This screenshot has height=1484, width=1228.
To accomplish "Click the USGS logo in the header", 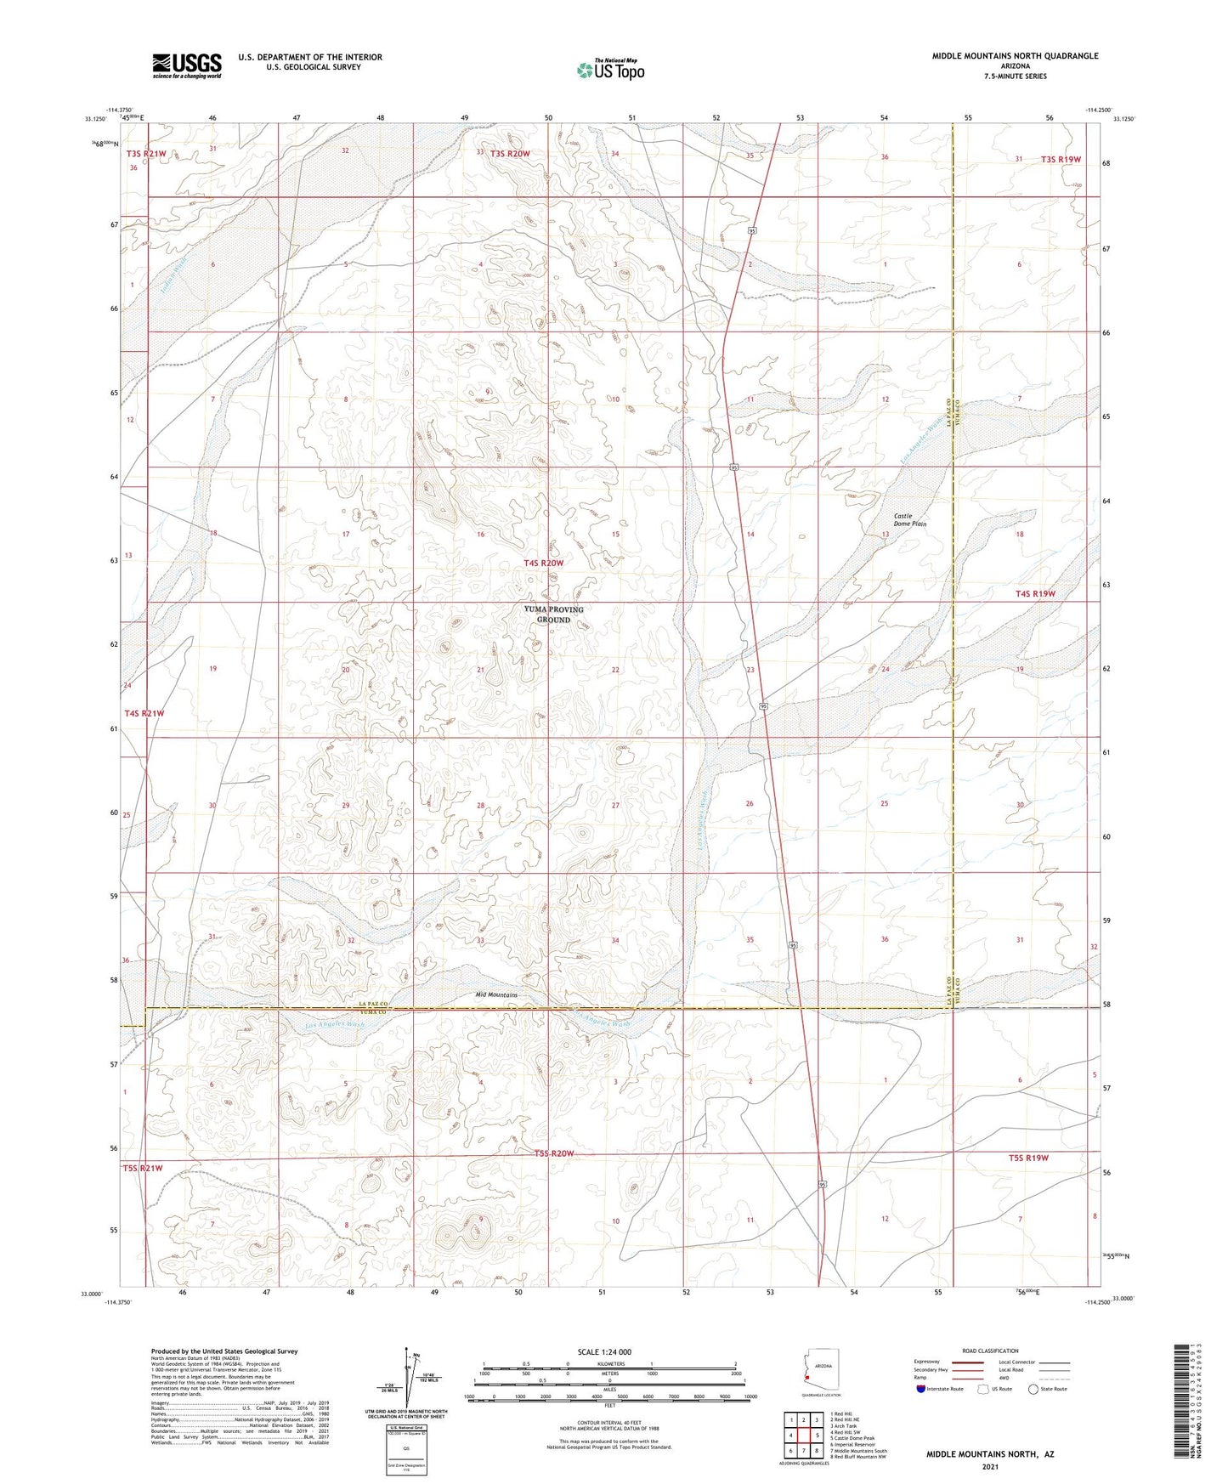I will pyautogui.click(x=187, y=65).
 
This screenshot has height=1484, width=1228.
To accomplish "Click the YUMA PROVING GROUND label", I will pyautogui.click(x=553, y=615).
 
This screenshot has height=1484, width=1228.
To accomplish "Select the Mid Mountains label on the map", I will pyautogui.click(x=496, y=994).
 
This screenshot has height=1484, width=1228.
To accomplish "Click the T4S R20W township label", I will pyautogui.click(x=543, y=563).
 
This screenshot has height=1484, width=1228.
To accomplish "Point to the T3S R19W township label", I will pyautogui.click(x=1060, y=160).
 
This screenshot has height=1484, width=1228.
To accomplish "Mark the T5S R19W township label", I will pyautogui.click(x=1028, y=1158).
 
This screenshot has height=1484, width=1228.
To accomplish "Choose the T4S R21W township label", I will pyautogui.click(x=144, y=714).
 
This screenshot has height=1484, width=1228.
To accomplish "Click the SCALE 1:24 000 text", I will pyautogui.click(x=604, y=1351).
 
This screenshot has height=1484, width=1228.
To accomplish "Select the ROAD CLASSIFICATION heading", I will pyautogui.click(x=990, y=1351).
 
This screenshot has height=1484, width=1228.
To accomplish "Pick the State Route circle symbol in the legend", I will pyautogui.click(x=1033, y=1389).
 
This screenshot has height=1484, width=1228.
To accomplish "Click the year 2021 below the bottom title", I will pyautogui.click(x=990, y=1467).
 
